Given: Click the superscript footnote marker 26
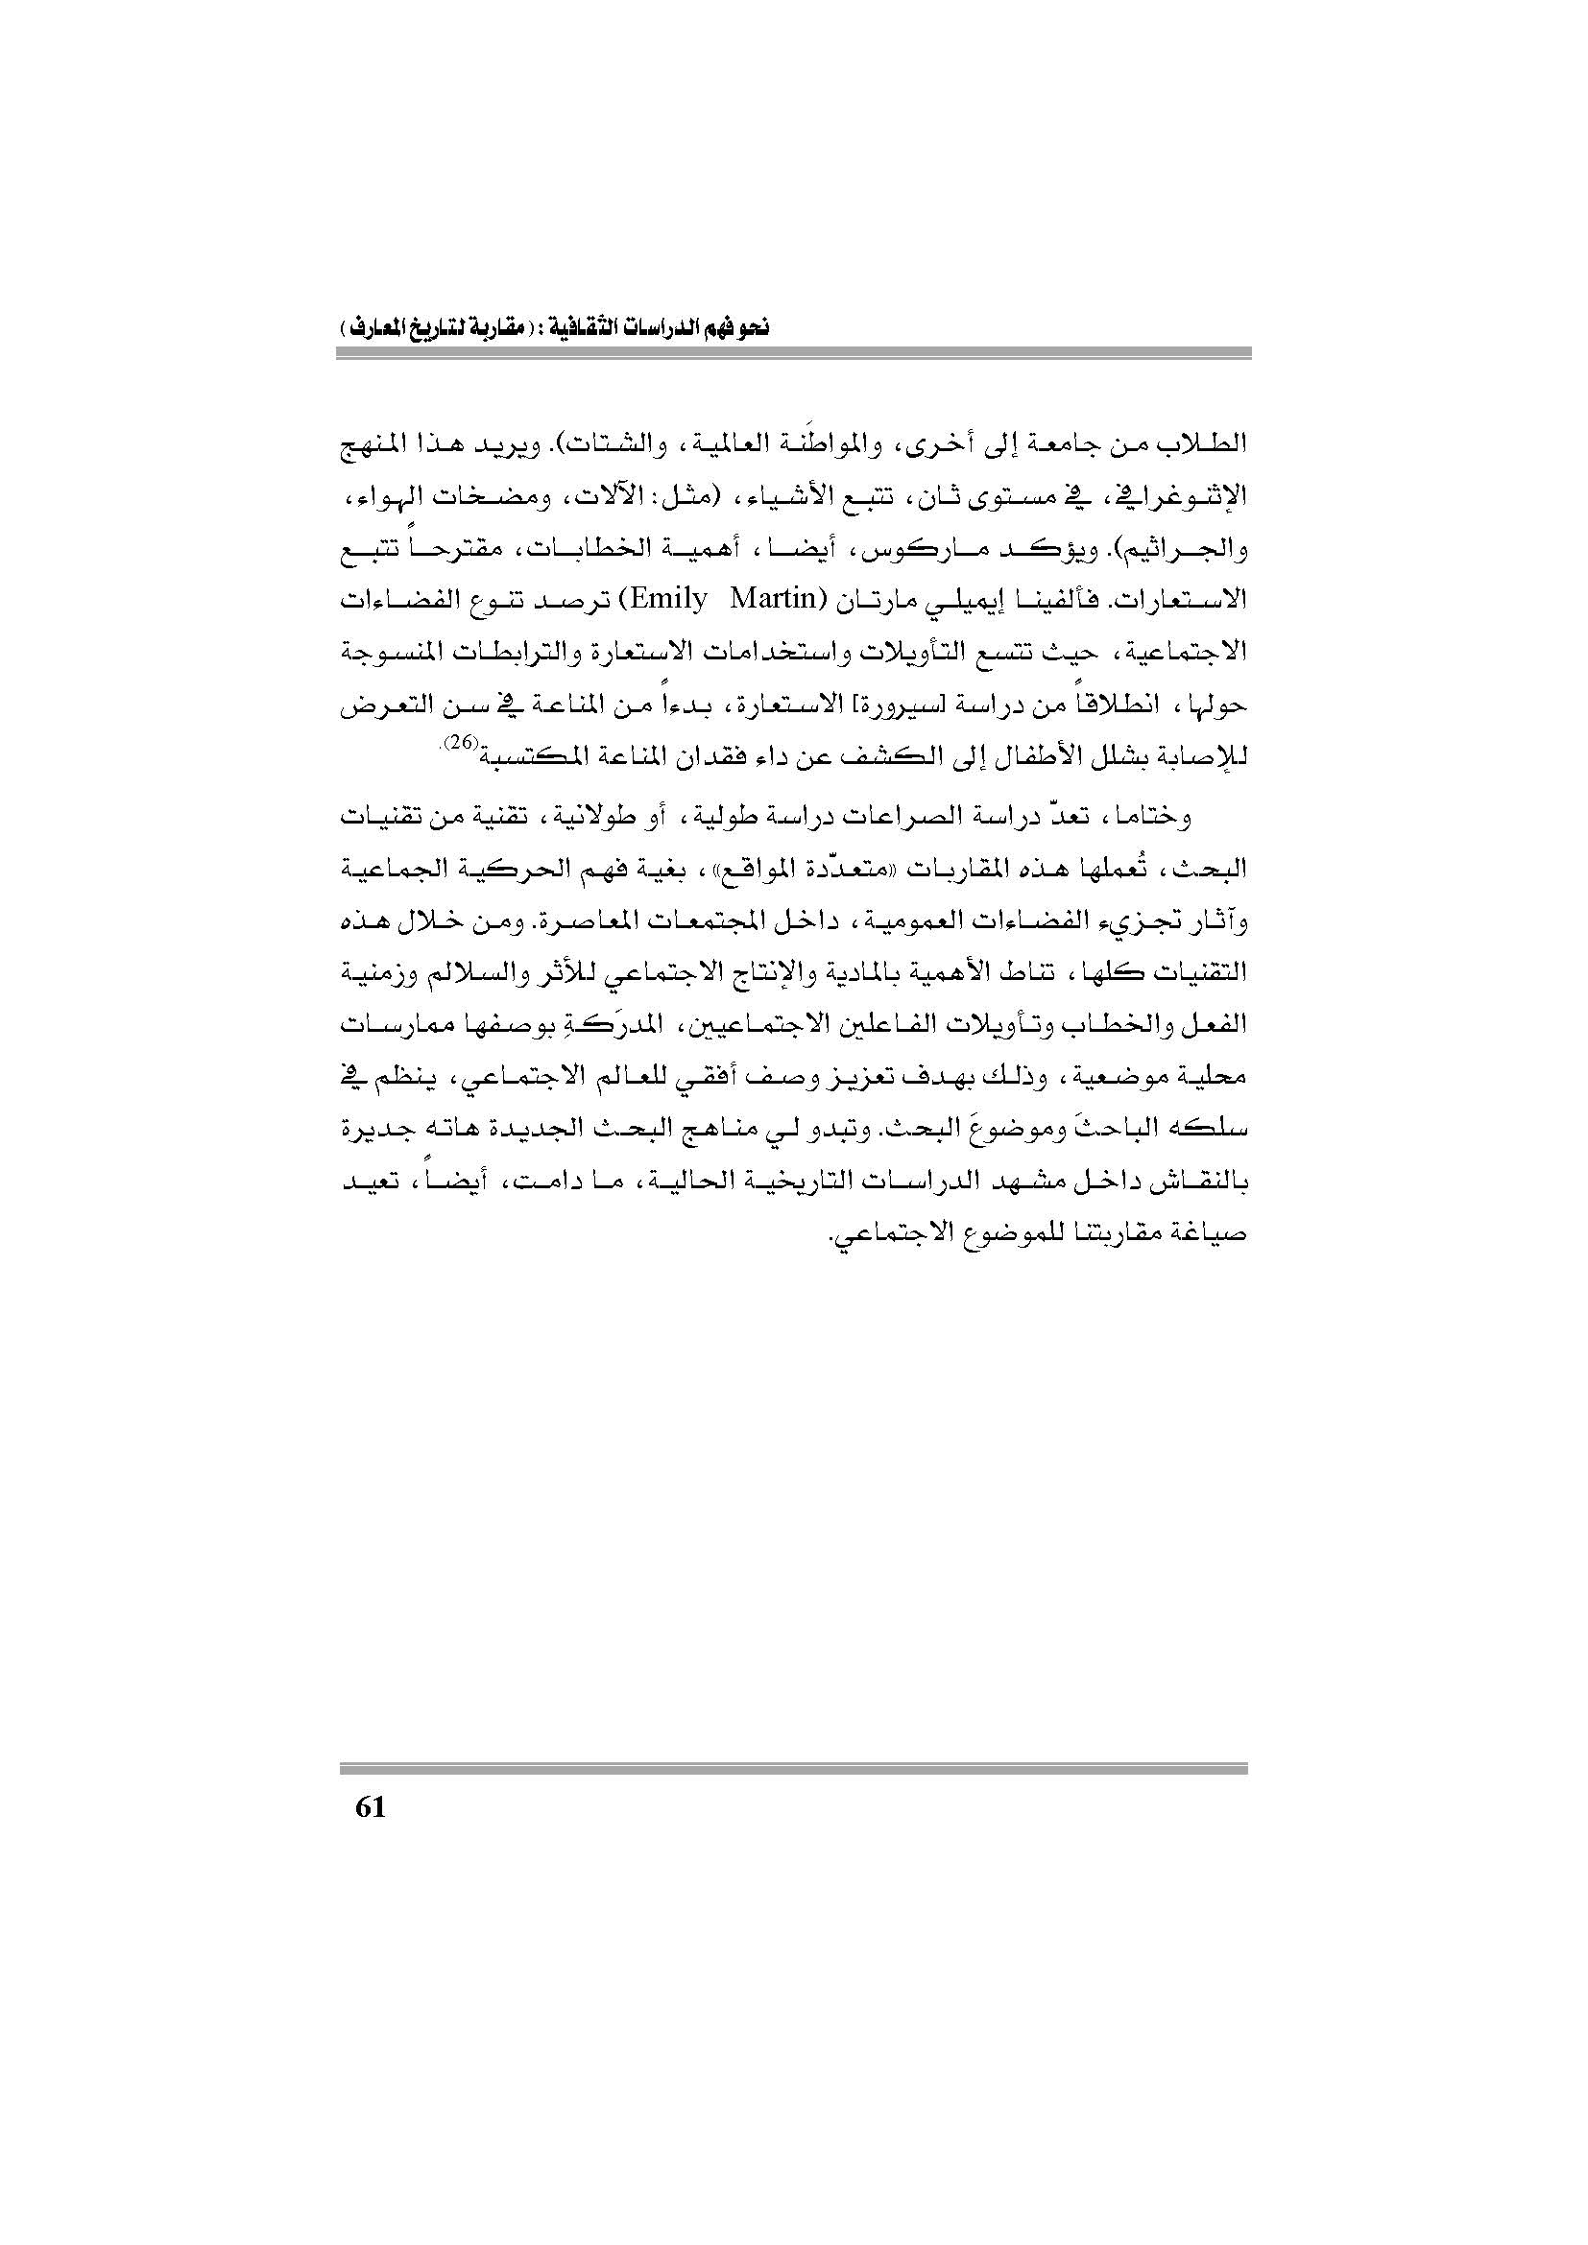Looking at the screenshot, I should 460,743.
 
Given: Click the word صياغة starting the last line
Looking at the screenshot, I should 1217,1234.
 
